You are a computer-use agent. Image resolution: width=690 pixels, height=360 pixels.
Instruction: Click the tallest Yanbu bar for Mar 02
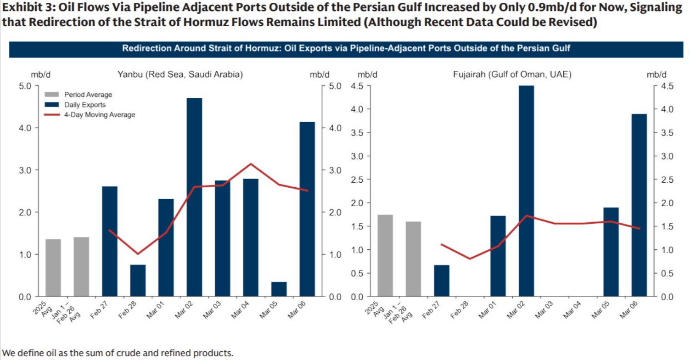point(194,197)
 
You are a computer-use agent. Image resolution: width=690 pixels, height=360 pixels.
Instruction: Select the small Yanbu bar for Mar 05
point(279,289)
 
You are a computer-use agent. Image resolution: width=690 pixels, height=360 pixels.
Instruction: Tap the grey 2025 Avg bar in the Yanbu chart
point(53,268)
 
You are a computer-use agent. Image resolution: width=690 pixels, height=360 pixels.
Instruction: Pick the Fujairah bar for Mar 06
point(639,205)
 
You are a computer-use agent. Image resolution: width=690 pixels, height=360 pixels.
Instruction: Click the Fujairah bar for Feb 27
point(442,281)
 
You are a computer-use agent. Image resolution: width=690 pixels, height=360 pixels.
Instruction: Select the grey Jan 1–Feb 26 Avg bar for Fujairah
point(413,259)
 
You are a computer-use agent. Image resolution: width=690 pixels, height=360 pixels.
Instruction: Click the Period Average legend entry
point(78,95)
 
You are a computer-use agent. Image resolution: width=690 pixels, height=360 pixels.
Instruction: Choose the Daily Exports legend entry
point(75,105)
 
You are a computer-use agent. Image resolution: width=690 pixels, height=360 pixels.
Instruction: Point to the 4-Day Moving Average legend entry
point(90,115)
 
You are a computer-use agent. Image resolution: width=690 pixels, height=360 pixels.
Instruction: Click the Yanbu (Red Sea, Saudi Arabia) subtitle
point(180,74)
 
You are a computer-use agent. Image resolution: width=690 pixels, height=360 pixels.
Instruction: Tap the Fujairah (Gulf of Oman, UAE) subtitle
point(512,74)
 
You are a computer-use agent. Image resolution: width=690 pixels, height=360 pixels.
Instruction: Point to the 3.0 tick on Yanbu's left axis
point(25,170)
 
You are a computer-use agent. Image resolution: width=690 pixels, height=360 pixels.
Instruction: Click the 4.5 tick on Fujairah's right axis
point(667,86)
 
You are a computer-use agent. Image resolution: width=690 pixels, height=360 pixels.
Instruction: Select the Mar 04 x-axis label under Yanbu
point(240,309)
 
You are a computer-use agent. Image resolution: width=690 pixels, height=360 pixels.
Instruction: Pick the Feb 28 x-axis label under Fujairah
point(459,309)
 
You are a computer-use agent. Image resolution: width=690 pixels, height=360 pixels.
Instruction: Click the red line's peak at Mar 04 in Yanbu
point(251,163)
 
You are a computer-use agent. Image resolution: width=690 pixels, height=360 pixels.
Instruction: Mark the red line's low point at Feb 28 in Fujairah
point(470,259)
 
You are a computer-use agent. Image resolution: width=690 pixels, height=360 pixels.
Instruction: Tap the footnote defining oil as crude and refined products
point(118,353)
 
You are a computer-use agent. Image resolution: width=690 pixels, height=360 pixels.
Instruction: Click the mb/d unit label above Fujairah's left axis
point(367,75)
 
